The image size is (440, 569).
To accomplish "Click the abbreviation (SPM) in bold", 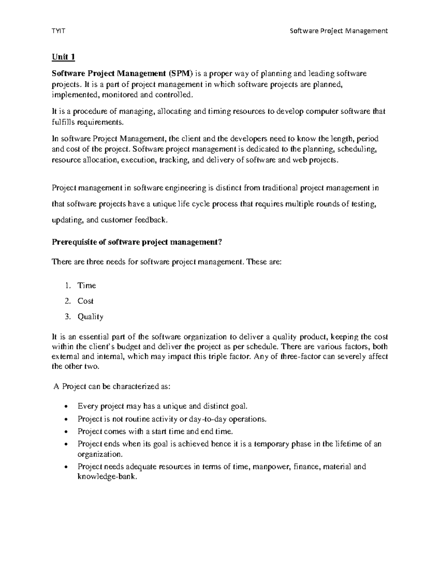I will click(180, 74).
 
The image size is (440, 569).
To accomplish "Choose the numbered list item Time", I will click(87, 285).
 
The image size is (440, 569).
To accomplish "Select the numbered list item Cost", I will click(85, 301).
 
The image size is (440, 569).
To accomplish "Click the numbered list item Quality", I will click(90, 317).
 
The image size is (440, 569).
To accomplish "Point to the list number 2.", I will click(67, 301).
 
